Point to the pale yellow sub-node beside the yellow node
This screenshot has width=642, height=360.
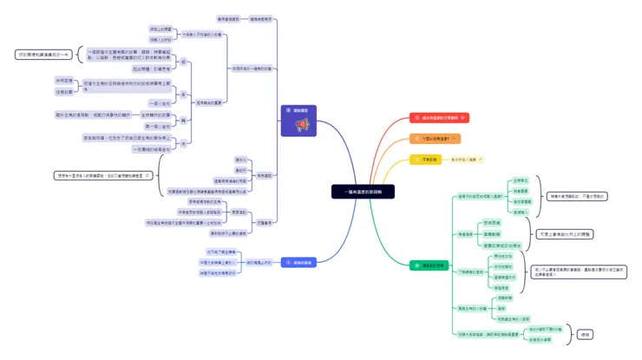[x=467, y=160]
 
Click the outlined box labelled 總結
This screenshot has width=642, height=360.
[x=585, y=334]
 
